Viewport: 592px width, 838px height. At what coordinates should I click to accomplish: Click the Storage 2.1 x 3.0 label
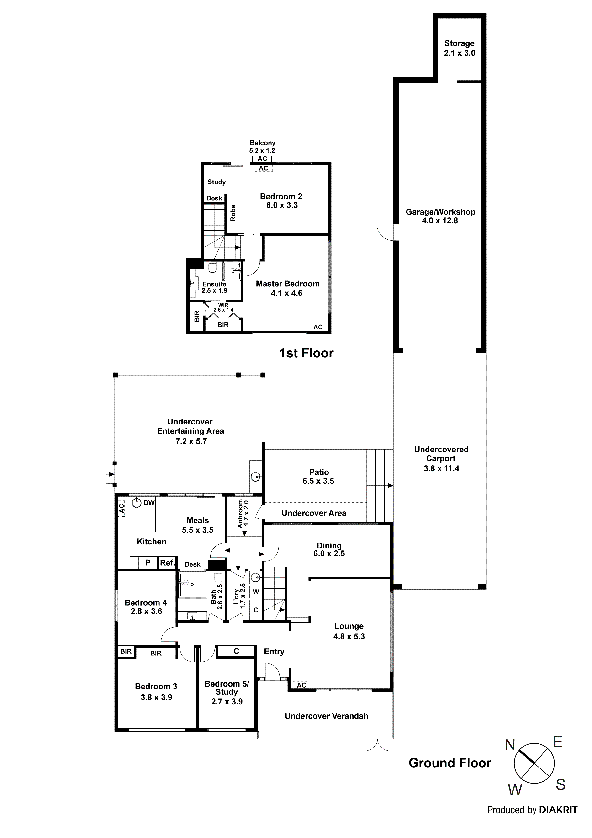[x=459, y=48]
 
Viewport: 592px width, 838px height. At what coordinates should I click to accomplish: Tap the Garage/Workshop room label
[x=440, y=216]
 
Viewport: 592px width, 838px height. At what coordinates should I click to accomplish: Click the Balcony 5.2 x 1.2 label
[x=262, y=147]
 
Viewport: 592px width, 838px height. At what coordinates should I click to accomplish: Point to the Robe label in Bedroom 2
[x=233, y=213]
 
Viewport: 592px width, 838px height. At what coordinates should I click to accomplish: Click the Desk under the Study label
[x=214, y=198]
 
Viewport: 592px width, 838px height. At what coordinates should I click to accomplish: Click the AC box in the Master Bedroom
[x=318, y=327]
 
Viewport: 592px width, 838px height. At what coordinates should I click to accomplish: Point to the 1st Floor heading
[x=307, y=353]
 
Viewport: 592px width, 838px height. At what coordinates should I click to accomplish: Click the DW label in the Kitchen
[x=149, y=503]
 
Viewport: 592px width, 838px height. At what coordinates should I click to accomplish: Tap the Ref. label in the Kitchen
[x=167, y=562]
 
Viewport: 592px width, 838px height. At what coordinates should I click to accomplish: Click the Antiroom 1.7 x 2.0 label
[x=243, y=514]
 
